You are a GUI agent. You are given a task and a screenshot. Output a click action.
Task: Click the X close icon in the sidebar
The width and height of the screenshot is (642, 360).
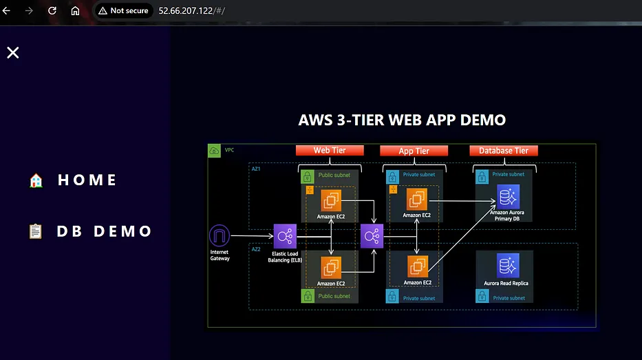point(12,52)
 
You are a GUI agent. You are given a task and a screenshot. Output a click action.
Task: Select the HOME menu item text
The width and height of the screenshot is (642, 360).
point(87,180)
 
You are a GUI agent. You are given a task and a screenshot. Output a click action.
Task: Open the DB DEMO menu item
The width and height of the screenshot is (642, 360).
point(104,231)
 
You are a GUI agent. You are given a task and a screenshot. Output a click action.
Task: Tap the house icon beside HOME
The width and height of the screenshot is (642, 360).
point(36,180)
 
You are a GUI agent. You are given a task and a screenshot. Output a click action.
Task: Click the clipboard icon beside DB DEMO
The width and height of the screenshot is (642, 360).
point(36,231)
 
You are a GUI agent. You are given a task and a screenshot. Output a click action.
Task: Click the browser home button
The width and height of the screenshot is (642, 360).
point(75,10)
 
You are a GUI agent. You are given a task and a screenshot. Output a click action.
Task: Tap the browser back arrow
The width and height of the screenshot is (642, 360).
point(7,10)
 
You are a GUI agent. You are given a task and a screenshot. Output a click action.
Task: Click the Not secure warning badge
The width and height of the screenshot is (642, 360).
point(124,10)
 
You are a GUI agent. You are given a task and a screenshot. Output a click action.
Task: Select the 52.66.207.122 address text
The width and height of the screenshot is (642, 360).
point(186,10)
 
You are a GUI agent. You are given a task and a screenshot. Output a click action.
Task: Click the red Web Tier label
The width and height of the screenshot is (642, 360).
point(330,150)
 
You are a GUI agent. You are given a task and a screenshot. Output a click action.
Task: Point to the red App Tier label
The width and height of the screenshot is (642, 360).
point(414,151)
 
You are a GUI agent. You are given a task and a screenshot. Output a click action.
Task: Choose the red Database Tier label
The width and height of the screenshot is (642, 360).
point(504,151)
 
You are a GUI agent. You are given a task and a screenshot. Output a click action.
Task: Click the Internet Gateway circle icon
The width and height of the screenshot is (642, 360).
point(220,235)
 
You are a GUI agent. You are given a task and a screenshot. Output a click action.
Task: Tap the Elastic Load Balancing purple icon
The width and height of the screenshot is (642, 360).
point(285,236)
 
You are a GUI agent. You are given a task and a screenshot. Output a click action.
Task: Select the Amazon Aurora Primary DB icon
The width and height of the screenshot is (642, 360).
point(508,197)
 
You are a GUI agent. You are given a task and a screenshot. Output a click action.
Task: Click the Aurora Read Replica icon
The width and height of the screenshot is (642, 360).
point(508,266)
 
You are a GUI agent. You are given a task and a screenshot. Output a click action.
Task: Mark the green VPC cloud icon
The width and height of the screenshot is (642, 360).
point(214,150)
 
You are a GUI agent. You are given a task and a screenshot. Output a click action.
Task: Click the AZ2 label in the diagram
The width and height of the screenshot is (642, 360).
point(256,249)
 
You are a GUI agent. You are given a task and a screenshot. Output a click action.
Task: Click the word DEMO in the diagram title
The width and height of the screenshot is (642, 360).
point(483,120)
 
